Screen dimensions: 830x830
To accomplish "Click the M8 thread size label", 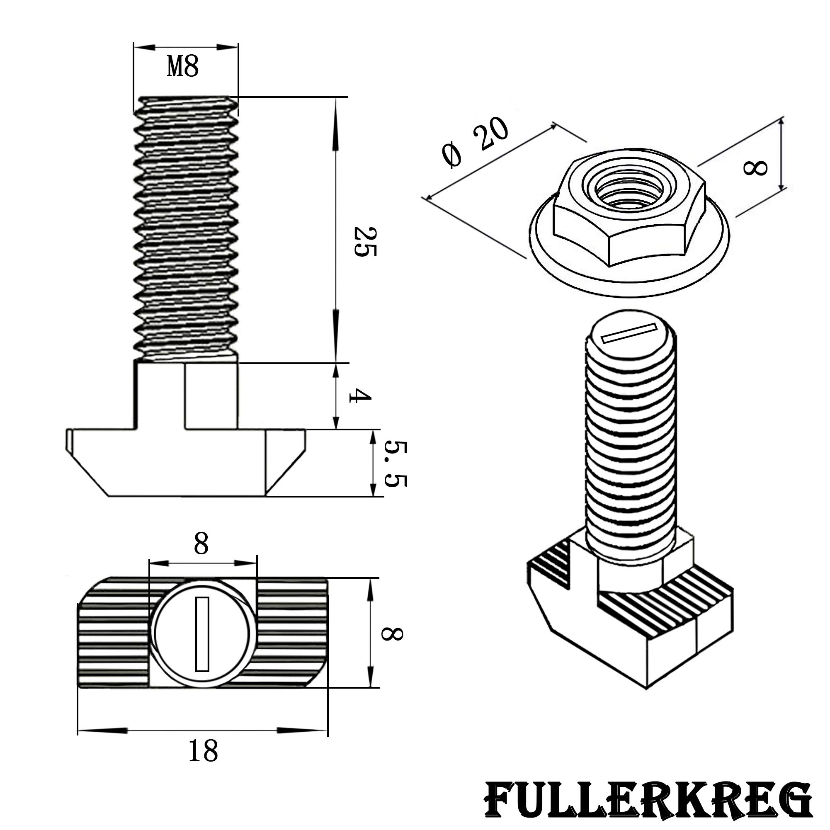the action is [x=183, y=67].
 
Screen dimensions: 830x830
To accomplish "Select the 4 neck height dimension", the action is [x=360, y=396].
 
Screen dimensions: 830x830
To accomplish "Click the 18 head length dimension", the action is [x=203, y=763].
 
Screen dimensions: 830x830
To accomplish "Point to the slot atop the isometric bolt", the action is [x=630, y=334].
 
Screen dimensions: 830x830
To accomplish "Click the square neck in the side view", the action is [x=187, y=396].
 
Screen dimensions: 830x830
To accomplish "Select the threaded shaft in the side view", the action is [x=186, y=229].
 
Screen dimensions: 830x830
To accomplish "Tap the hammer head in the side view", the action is [x=186, y=463].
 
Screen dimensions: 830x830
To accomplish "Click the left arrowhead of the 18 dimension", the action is [x=103, y=730].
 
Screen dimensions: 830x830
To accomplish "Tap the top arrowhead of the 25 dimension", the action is [x=335, y=125].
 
